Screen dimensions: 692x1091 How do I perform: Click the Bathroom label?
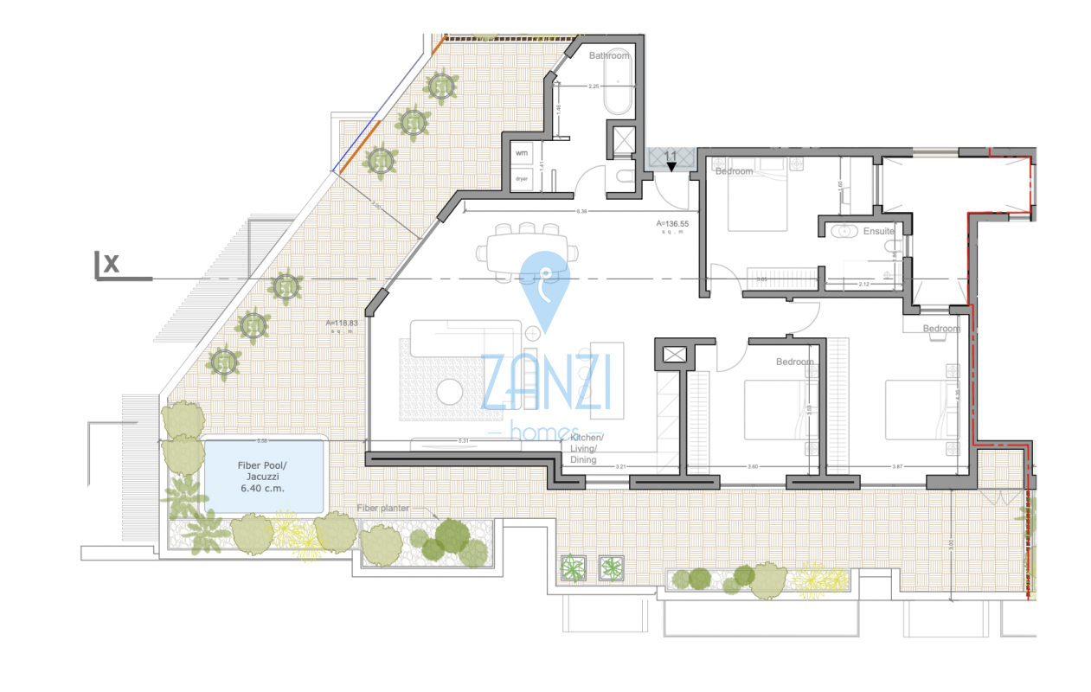(609, 55)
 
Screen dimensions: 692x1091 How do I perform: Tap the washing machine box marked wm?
(522, 153)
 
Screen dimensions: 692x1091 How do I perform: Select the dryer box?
(522, 178)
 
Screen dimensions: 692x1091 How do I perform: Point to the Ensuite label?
(879, 231)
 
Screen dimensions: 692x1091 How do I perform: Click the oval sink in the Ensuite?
(841, 231)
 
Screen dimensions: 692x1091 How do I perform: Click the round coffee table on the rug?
(452, 392)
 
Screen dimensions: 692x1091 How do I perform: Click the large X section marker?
(111, 264)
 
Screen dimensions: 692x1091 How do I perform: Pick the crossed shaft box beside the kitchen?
(673, 353)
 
